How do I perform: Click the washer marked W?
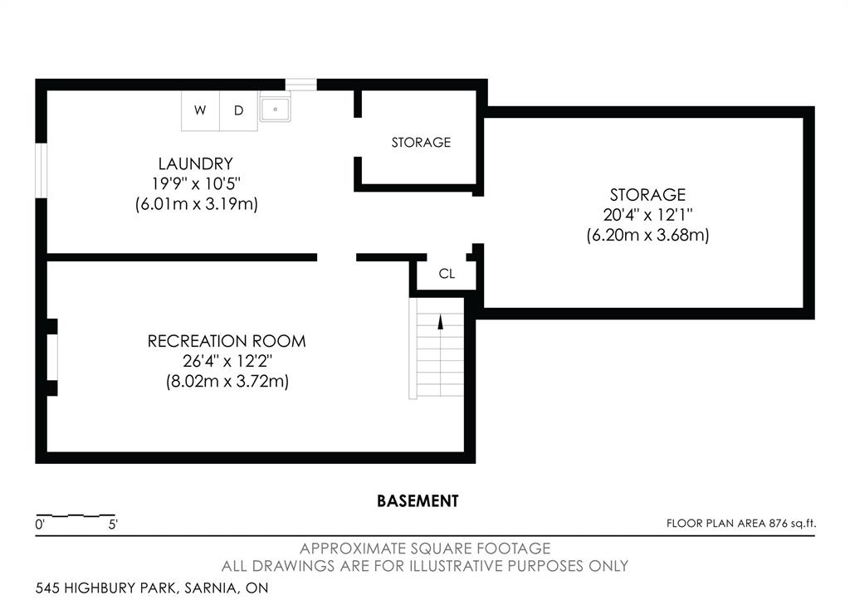click(200, 110)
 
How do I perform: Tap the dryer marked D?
click(238, 110)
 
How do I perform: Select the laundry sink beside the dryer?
click(274, 109)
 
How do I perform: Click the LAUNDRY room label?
click(196, 163)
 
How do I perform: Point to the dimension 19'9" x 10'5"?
click(196, 183)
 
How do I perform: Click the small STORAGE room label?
click(421, 142)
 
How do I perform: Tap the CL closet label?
click(447, 274)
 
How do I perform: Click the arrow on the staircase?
click(440, 324)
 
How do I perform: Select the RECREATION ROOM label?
click(227, 341)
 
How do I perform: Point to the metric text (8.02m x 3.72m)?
click(227, 382)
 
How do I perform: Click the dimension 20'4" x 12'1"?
click(647, 215)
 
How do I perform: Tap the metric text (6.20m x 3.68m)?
click(647, 235)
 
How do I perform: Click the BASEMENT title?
click(418, 500)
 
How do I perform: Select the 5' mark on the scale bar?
click(113, 524)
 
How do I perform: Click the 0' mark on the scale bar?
click(40, 524)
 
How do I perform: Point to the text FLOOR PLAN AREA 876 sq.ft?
click(741, 523)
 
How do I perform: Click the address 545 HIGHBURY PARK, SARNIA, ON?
click(152, 588)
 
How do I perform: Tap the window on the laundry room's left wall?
click(42, 173)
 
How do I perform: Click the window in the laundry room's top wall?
click(301, 84)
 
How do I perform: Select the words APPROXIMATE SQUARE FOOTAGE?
click(425, 549)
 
